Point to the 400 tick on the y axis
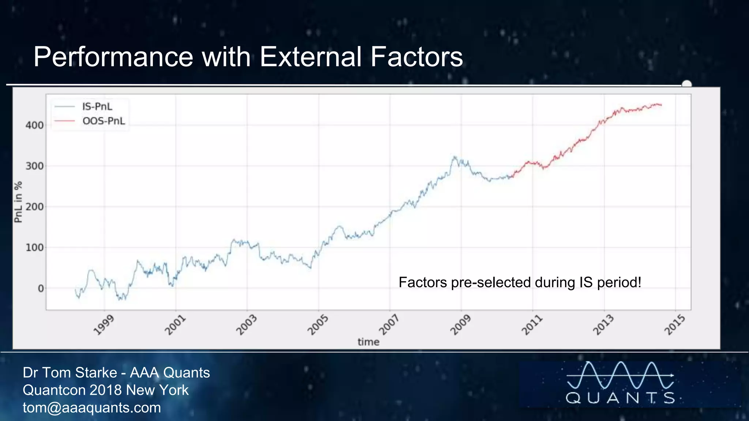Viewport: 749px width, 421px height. pyautogui.click(x=34, y=125)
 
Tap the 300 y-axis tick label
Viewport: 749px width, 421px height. pyautogui.click(x=34, y=166)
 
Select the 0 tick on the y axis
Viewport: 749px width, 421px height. pyautogui.click(x=41, y=289)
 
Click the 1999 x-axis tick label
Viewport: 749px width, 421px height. pyautogui.click(x=104, y=325)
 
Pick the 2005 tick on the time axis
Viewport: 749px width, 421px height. pyautogui.click(x=317, y=325)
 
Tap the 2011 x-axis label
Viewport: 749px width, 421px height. pyautogui.click(x=531, y=325)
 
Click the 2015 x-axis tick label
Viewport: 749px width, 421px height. pyautogui.click(x=674, y=325)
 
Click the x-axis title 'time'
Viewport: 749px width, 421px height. pyautogui.click(x=368, y=342)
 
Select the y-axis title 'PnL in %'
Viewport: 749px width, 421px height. pyautogui.click(x=18, y=202)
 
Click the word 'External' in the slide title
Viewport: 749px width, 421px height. pyautogui.click(x=310, y=57)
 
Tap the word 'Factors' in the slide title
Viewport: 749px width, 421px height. pyautogui.click(x=417, y=57)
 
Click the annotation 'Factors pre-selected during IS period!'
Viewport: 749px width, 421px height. pyautogui.click(x=520, y=282)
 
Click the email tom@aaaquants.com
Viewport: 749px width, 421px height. pyautogui.click(x=92, y=407)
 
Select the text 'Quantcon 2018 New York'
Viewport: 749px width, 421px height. pyautogui.click(x=105, y=390)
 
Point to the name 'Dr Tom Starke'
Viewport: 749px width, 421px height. pyautogui.click(x=69, y=373)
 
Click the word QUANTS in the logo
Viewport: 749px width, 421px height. pyautogui.click(x=620, y=398)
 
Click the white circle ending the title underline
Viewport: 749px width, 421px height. pyautogui.click(x=687, y=84)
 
